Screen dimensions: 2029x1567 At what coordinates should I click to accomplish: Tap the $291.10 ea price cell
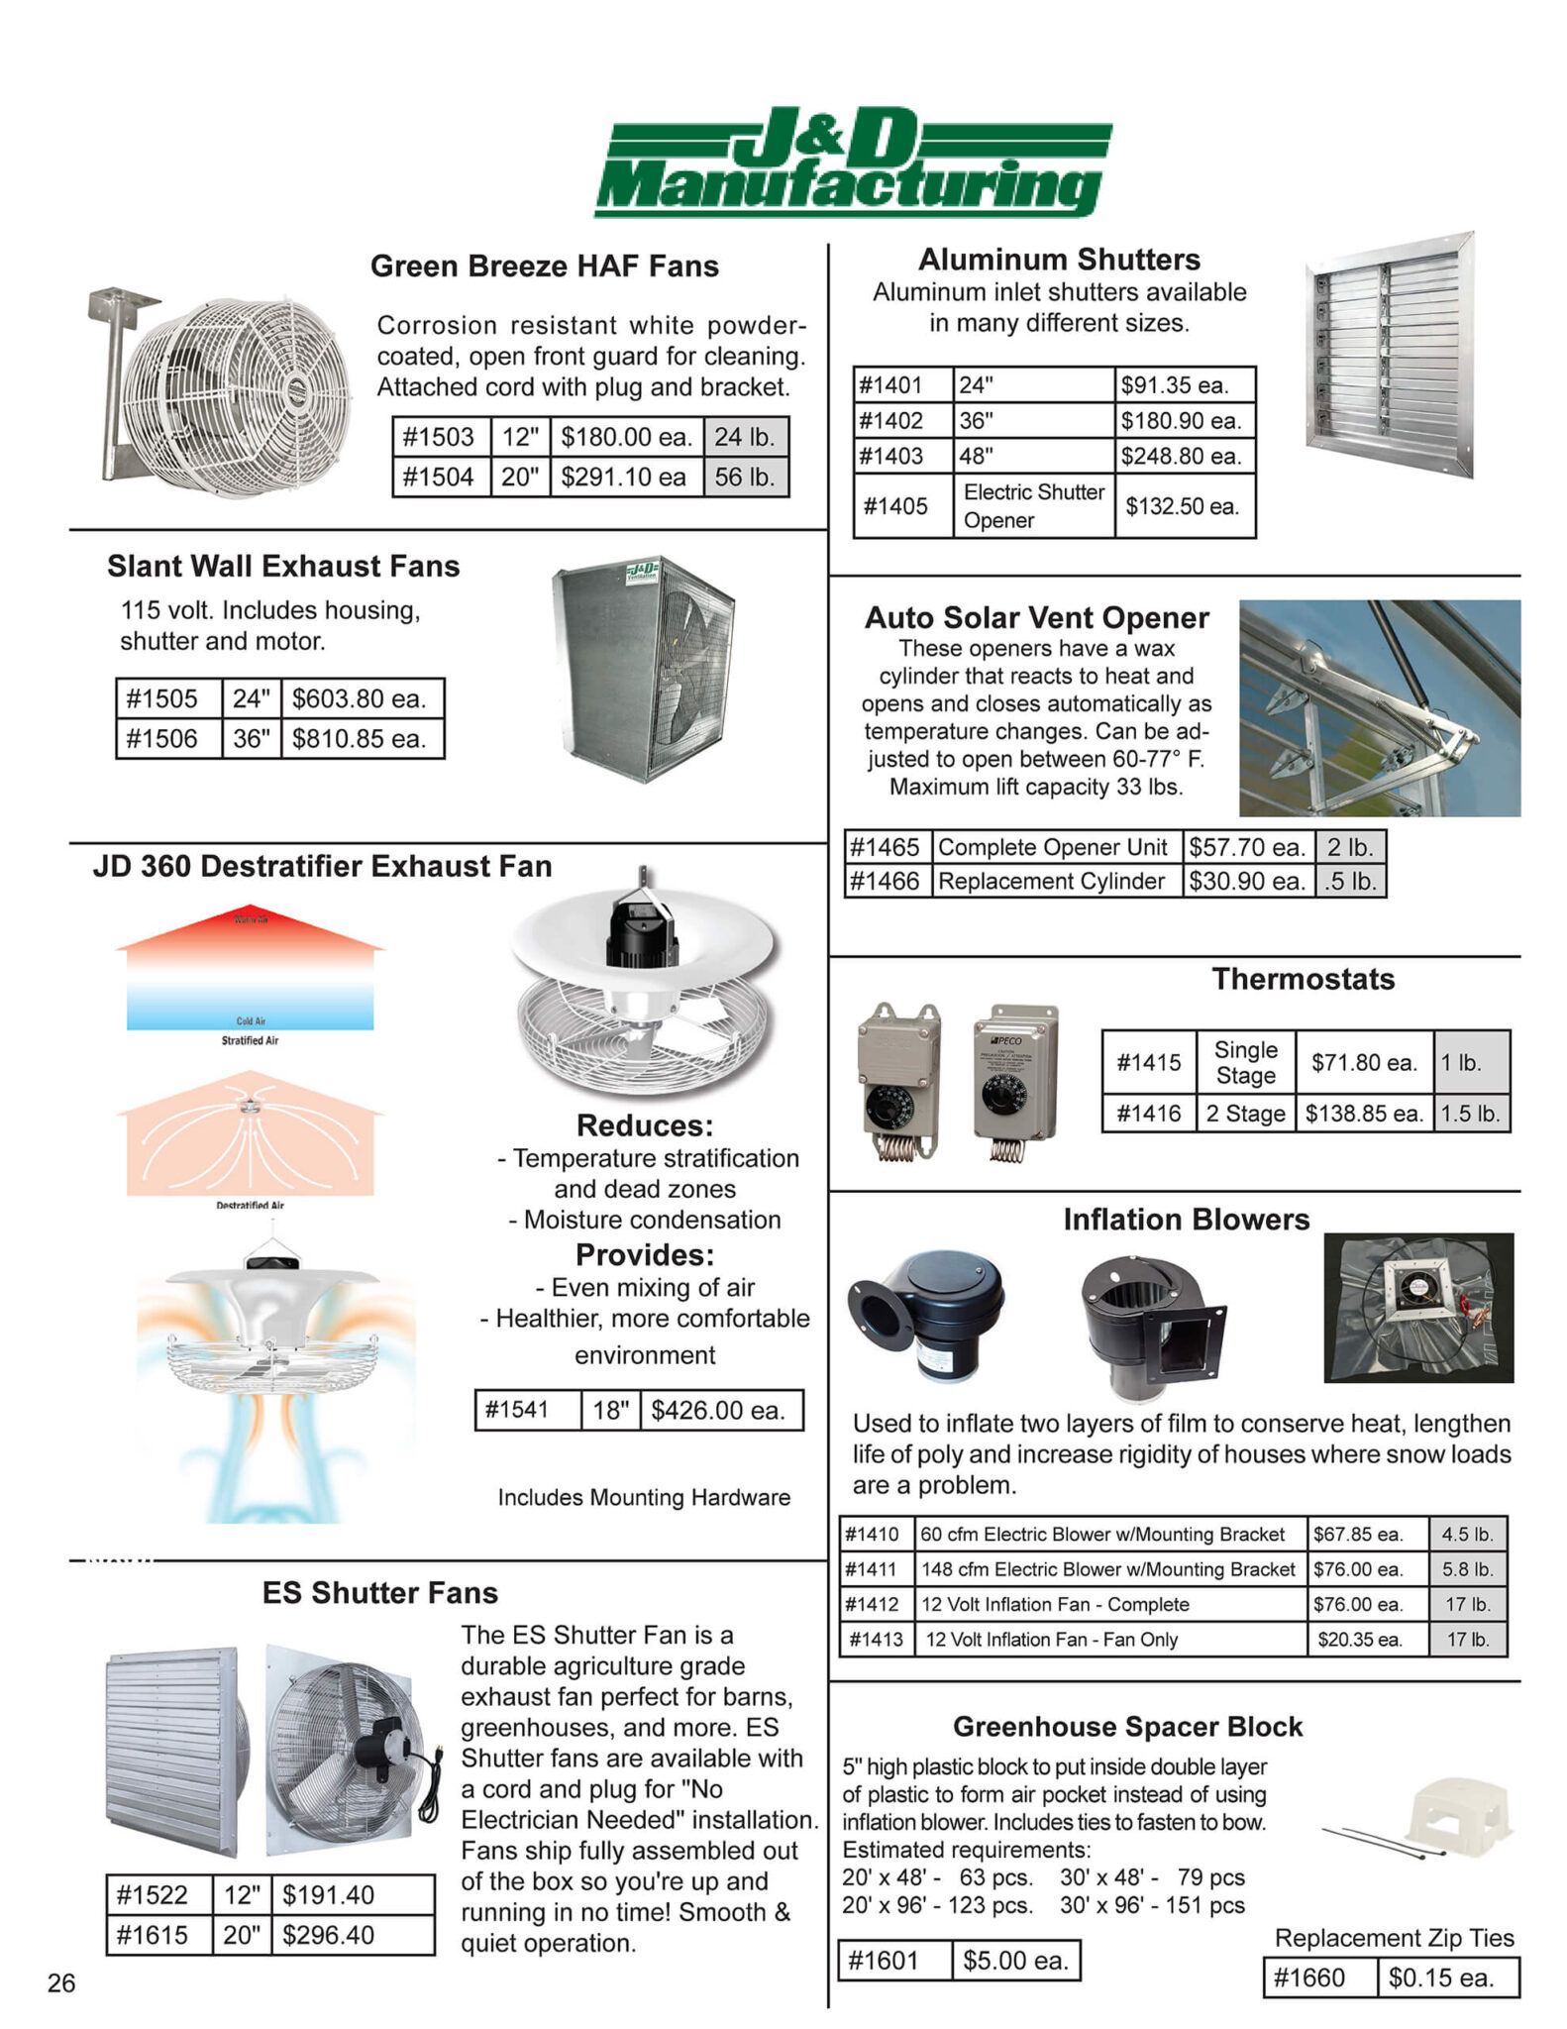point(624,478)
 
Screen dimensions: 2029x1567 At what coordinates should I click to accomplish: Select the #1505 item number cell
point(163,699)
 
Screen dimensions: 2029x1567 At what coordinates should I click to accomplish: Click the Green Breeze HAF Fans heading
point(545,267)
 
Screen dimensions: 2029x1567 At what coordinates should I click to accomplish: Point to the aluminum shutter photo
point(1390,354)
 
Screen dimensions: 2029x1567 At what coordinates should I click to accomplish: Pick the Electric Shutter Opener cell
point(1033,506)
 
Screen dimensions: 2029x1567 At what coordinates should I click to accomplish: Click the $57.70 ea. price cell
point(1247,848)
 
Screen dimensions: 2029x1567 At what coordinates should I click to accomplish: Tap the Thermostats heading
point(1304,980)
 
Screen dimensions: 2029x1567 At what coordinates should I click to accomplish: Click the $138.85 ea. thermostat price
point(1363,1114)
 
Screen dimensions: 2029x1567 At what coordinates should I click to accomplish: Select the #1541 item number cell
point(517,1410)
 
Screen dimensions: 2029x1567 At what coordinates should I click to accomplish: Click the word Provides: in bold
point(645,1255)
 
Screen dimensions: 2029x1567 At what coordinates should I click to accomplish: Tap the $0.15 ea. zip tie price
point(1441,1978)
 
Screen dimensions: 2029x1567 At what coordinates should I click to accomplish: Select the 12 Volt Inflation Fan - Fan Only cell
point(1052,1640)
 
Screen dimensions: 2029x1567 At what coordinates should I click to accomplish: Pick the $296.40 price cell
point(329,1935)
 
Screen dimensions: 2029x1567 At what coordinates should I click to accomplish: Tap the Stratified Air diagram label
point(250,1040)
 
